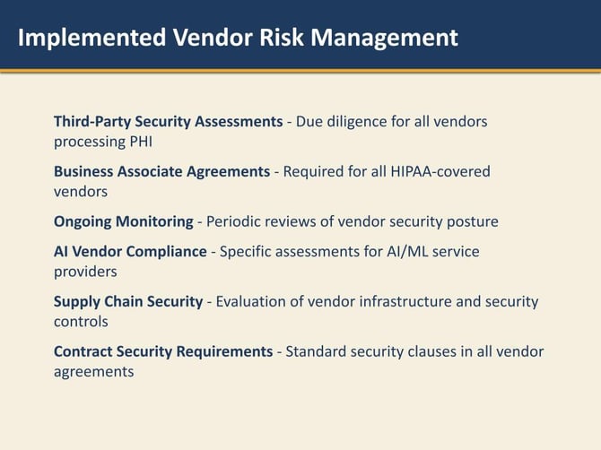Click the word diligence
[x=369, y=121]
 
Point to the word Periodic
[x=236, y=221]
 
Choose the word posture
[x=472, y=221]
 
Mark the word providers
[x=85, y=271]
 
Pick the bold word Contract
[x=83, y=351]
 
